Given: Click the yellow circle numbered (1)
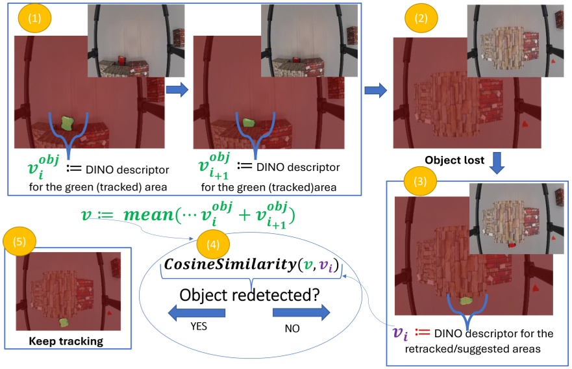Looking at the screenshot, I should click(34, 18).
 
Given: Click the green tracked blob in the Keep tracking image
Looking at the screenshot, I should click(64, 322).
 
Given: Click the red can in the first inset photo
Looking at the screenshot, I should click(120, 61).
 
